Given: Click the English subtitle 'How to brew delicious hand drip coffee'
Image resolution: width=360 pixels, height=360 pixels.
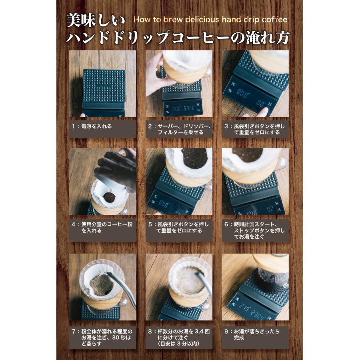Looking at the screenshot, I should (210, 20).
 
